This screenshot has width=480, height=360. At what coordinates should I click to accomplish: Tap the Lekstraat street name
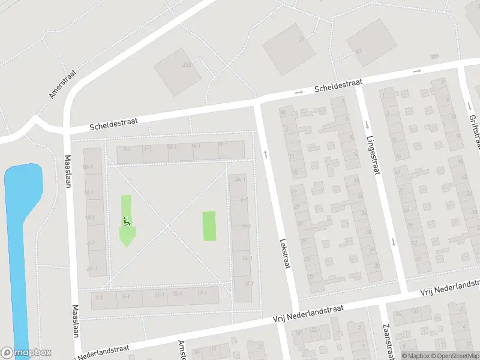click(284, 253)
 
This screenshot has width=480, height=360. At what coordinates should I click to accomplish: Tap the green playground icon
click(126, 221)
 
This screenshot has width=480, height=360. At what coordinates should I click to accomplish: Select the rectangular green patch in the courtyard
click(209, 226)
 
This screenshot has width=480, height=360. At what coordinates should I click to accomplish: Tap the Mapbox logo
click(26, 353)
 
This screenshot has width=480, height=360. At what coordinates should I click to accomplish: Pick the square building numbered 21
click(286, 49)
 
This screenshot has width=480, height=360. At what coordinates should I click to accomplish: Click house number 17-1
click(202, 293)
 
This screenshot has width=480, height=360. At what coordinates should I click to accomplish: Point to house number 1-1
click(99, 297)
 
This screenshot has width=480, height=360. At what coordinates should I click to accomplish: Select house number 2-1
click(127, 148)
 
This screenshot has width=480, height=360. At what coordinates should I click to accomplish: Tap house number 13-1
click(177, 293)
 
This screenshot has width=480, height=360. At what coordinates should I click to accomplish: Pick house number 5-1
click(126, 296)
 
